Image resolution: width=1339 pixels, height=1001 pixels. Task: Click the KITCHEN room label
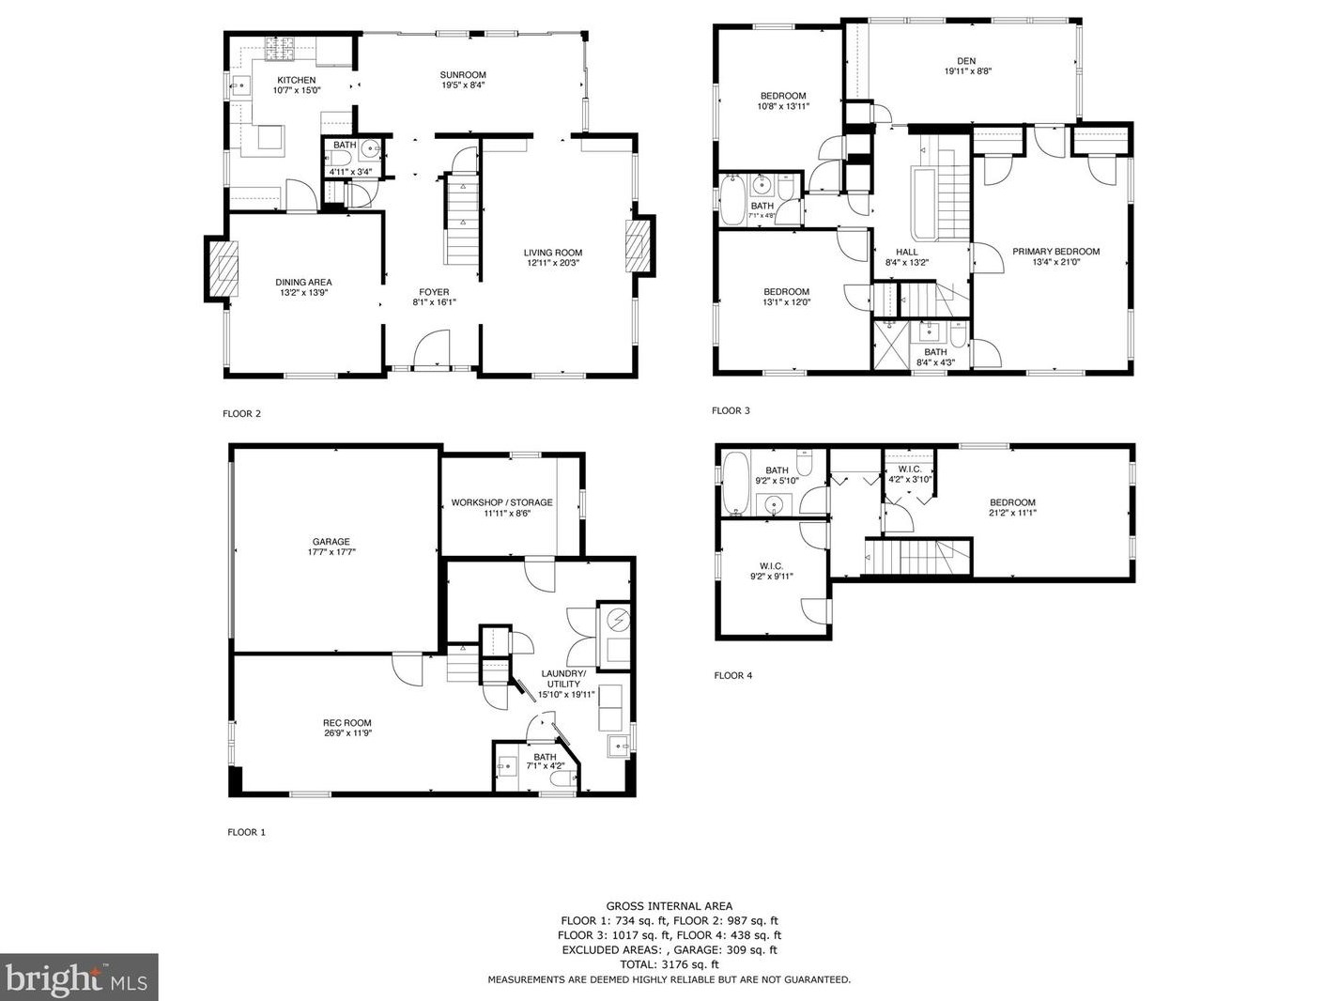296,80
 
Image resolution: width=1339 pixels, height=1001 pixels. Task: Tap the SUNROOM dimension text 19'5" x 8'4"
463,85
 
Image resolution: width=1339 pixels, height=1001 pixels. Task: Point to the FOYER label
434,292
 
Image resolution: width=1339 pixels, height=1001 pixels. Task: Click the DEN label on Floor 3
966,61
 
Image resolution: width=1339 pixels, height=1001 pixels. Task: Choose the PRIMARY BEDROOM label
1055,252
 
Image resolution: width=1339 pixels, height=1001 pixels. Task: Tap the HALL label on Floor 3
906,252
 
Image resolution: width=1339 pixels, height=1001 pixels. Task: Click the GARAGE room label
331,542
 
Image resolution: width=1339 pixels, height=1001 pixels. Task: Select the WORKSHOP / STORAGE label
501,502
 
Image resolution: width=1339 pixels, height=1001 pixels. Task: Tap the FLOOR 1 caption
246,832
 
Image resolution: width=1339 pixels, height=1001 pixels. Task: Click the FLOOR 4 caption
732,675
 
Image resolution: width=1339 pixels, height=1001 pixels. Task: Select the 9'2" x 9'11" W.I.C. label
771,571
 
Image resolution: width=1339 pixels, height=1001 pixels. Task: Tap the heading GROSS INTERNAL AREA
669,906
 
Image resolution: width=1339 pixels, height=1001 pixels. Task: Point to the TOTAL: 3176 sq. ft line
669,963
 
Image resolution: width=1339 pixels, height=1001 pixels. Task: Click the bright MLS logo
79,978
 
